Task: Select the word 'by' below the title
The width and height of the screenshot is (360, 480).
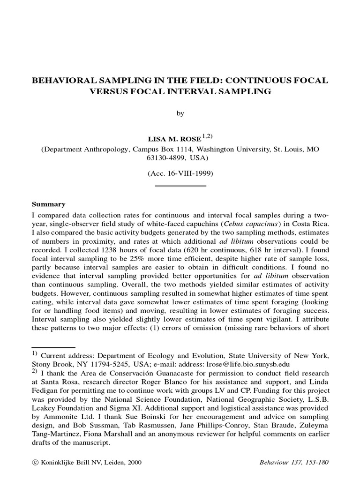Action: tap(180, 113)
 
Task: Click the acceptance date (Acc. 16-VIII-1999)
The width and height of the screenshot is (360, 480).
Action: tap(180, 173)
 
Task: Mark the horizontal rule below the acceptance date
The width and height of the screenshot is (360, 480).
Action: tap(180, 186)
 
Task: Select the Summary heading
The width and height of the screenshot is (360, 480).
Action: tap(48, 204)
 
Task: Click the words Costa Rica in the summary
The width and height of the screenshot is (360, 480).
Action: tap(310, 224)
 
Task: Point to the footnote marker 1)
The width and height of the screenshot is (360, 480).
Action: tap(35, 354)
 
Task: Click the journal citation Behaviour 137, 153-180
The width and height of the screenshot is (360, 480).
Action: tap(294, 462)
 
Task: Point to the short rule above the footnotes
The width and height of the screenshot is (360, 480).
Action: tap(53, 348)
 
